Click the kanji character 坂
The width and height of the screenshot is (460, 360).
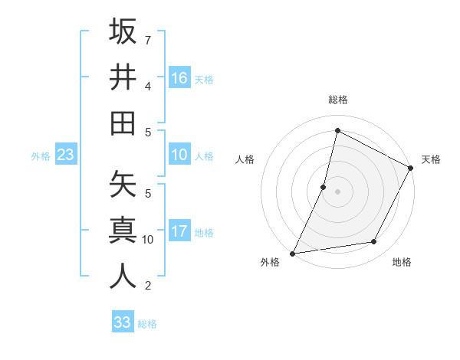click(123, 31)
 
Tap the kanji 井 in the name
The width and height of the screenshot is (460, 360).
click(123, 77)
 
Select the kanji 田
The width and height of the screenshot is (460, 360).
click(123, 123)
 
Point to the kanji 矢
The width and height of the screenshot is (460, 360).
click(123, 184)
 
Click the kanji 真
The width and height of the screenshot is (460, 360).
click(123, 230)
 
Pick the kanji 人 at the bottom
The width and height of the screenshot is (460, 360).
click(123, 276)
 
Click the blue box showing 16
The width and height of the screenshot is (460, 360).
click(179, 77)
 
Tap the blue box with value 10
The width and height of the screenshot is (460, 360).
click(179, 155)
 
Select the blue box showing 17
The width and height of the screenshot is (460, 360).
click(179, 231)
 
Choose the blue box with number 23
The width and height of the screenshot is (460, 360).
click(66, 155)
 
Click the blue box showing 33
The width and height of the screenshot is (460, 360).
click(123, 322)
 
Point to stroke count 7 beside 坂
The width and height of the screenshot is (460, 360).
click(148, 40)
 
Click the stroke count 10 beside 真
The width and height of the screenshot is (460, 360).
click(148, 240)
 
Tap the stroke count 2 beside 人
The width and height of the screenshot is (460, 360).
click(148, 286)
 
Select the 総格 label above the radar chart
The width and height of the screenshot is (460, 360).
click(338, 100)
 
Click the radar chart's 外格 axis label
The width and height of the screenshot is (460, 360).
click(270, 263)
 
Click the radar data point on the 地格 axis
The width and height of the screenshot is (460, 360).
click(374, 242)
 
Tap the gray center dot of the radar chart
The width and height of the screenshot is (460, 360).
click(337, 191)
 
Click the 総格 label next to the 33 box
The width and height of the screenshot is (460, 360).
click(148, 324)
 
